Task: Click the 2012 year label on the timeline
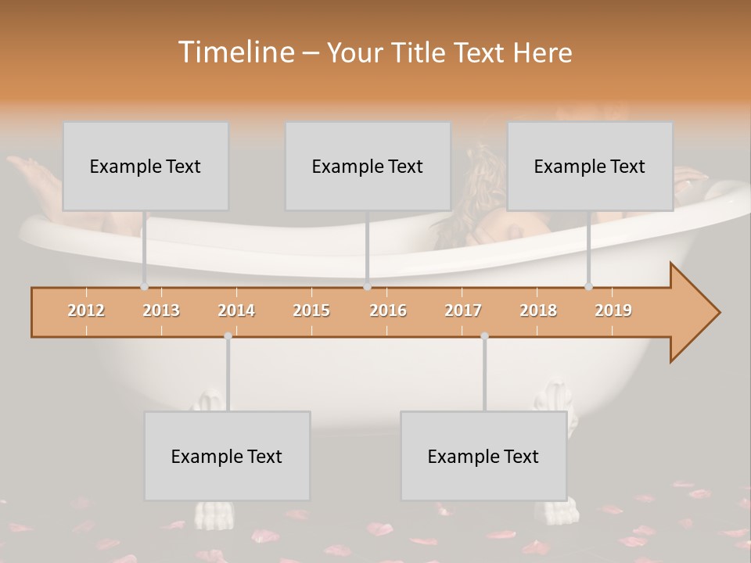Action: (86, 310)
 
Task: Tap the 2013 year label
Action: (161, 310)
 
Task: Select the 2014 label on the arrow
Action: (236, 310)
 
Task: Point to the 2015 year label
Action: (311, 310)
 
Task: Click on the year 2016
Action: (388, 310)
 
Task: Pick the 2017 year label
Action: (463, 310)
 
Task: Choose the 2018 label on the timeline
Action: (538, 310)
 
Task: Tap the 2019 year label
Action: (613, 310)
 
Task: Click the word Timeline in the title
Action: (235, 52)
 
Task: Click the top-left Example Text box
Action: (146, 166)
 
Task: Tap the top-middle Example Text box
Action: (368, 166)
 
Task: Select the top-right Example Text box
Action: (590, 166)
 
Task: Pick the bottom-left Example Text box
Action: (227, 456)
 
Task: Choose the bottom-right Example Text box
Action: (483, 456)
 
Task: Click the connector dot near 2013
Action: (144, 286)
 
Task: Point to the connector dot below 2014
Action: (228, 336)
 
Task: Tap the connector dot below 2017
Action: (484, 336)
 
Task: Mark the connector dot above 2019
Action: (588, 286)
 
